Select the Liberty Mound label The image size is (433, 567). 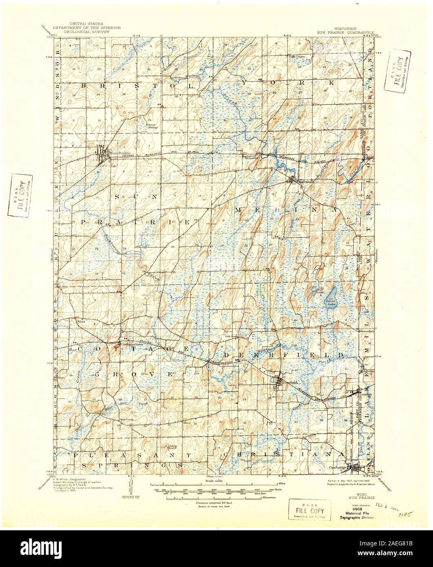[x=168, y=447]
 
